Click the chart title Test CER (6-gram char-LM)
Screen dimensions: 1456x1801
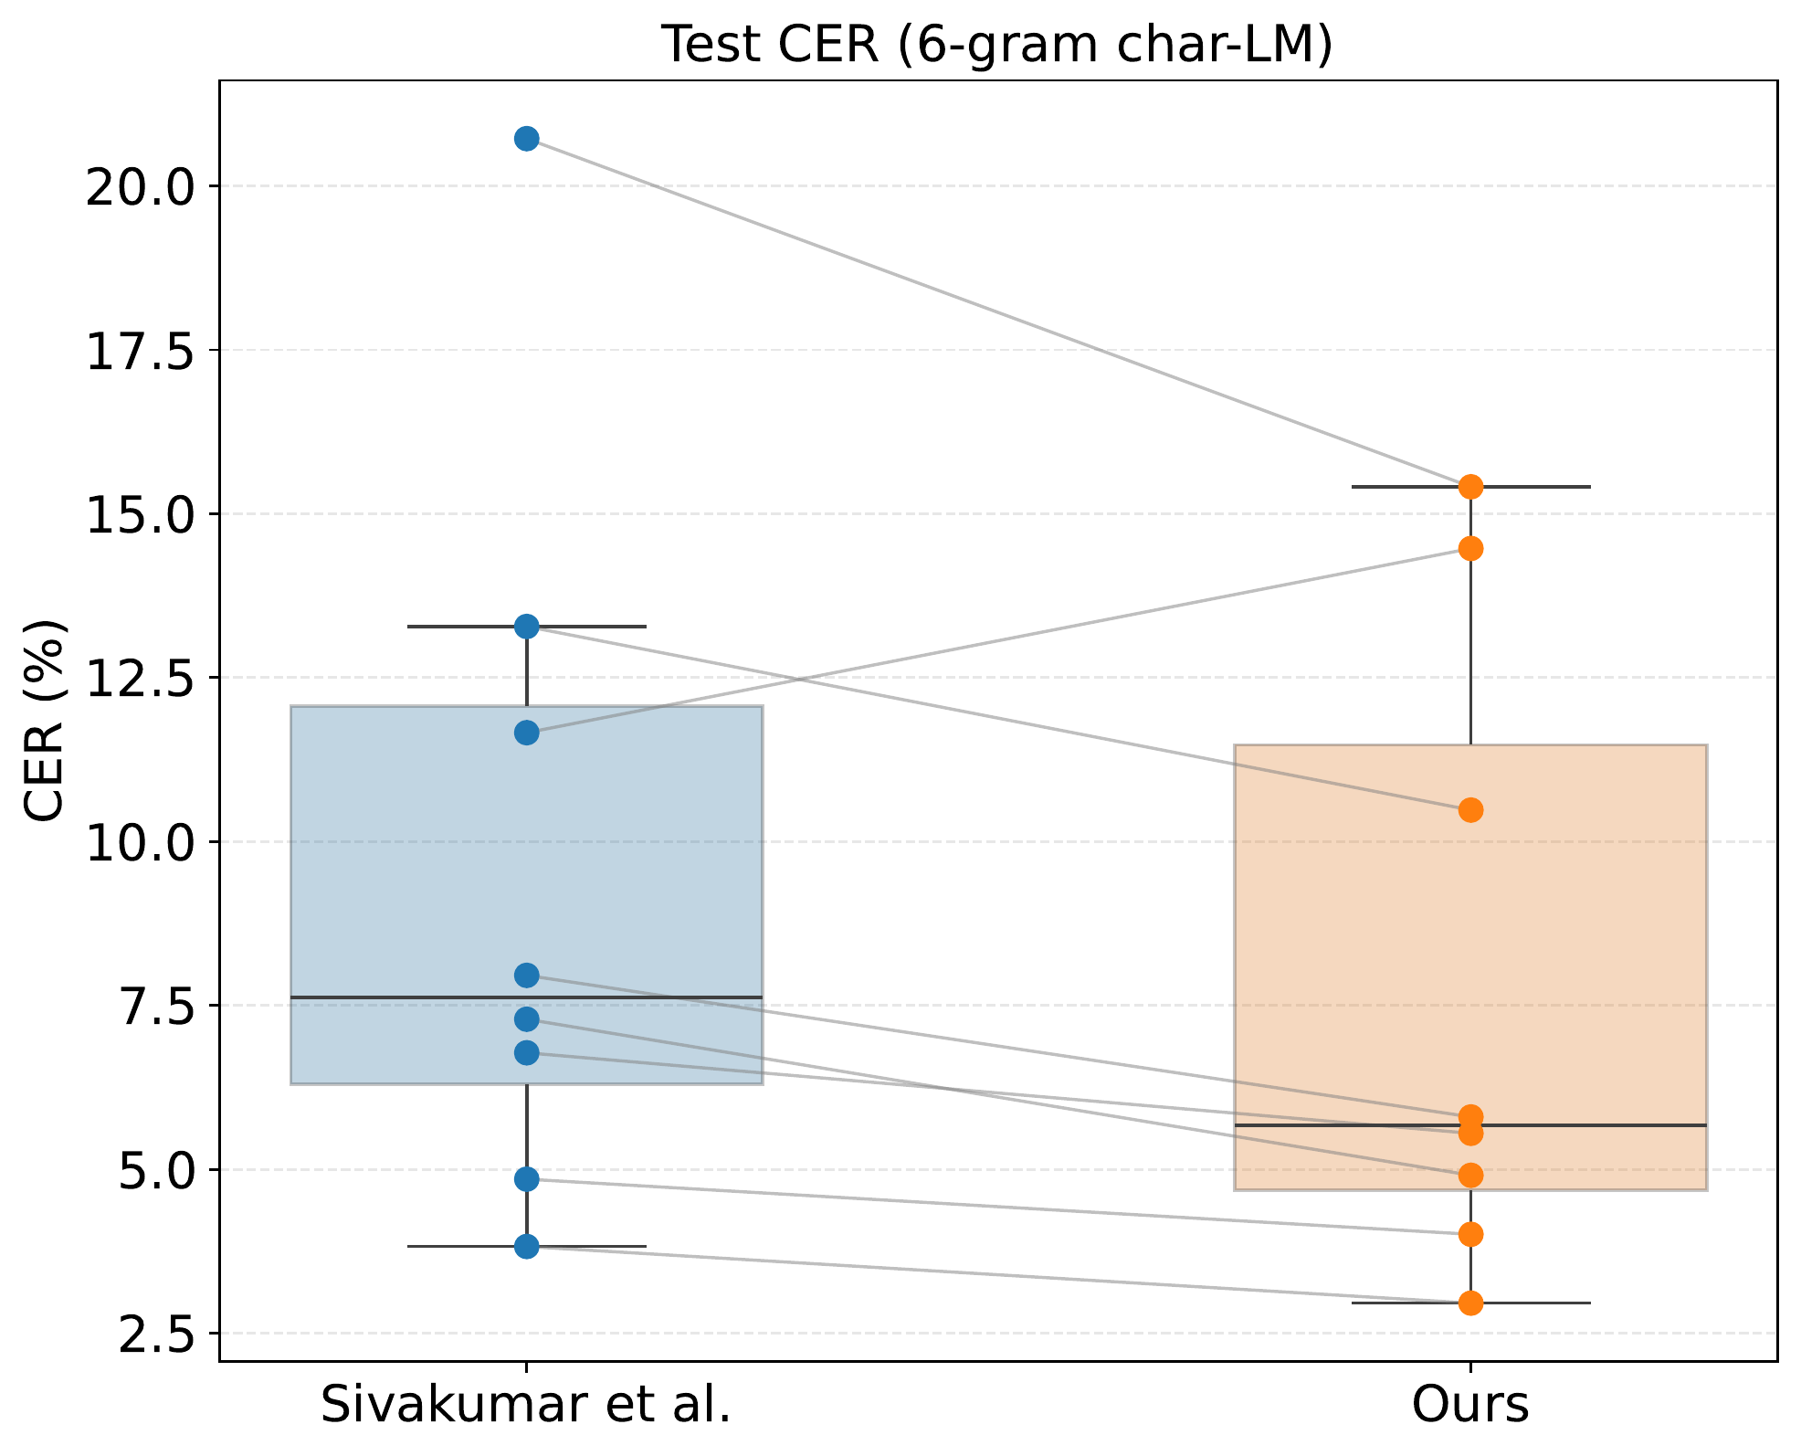coord(996,45)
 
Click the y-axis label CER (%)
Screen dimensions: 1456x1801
coord(45,721)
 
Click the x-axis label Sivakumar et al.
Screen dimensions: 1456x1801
coord(526,1404)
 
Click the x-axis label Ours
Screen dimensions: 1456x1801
coord(1469,1404)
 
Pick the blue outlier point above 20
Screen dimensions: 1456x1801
coord(527,139)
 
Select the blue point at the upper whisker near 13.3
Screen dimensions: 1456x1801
coord(527,626)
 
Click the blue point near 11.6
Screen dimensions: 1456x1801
coord(527,733)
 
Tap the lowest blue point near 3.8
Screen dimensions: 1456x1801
coord(527,1246)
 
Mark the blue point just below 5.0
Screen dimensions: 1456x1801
coord(527,1179)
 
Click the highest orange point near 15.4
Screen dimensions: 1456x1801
coord(1470,487)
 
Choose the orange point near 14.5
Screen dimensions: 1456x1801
coord(1470,548)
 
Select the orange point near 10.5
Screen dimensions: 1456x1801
coord(1470,809)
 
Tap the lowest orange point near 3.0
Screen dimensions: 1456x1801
coord(1470,1303)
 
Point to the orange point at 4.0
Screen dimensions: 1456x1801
coord(1470,1235)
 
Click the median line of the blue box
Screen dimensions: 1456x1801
coord(639,997)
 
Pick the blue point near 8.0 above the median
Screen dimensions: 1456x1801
coord(527,976)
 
